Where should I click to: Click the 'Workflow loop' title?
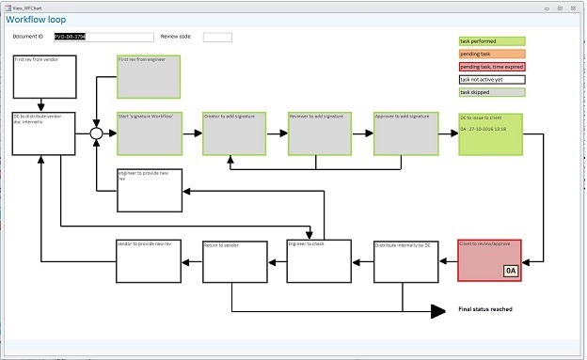(x=38, y=19)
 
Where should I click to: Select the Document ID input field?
(x=99, y=38)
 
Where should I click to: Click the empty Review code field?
(x=217, y=38)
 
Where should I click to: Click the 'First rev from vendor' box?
(x=43, y=76)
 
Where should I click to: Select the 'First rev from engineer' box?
(x=149, y=76)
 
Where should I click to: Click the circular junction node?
(x=96, y=133)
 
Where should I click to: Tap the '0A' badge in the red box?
(x=511, y=271)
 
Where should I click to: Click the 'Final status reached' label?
(x=484, y=309)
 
